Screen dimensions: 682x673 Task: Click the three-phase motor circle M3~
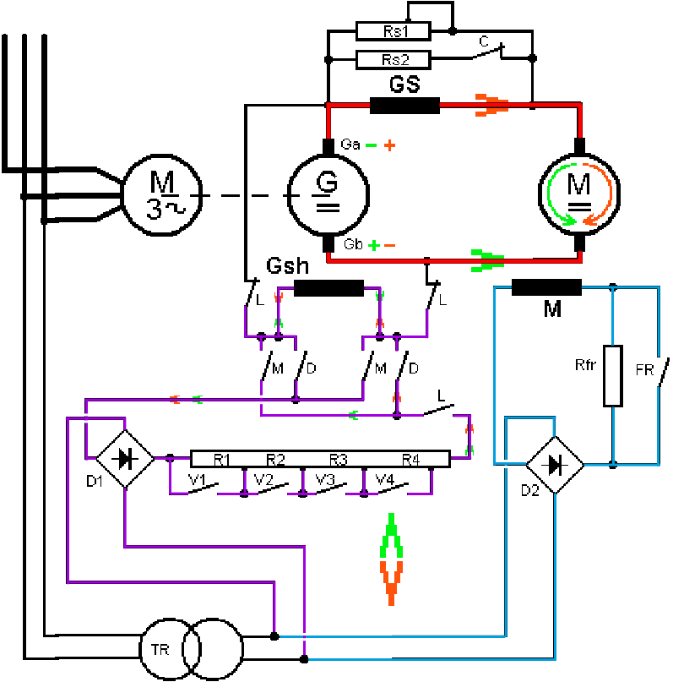coord(161,195)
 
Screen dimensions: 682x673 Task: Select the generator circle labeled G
coord(327,195)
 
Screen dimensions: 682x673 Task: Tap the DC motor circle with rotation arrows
coord(578,195)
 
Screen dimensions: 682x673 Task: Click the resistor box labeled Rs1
coord(393,31)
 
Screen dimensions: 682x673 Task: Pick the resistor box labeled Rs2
coord(393,59)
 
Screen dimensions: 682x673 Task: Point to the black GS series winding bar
coord(404,106)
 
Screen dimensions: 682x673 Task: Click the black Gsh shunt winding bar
coord(328,287)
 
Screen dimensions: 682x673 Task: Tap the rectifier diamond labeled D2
coord(555,463)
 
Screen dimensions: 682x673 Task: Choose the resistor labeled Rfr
coord(612,374)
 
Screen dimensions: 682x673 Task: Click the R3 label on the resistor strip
coord(339,460)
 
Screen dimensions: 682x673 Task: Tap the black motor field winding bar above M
coord(546,287)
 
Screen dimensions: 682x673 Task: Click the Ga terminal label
coord(350,145)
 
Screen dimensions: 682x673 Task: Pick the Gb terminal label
coord(353,245)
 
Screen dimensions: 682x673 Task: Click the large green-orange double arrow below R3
coord(391,558)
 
